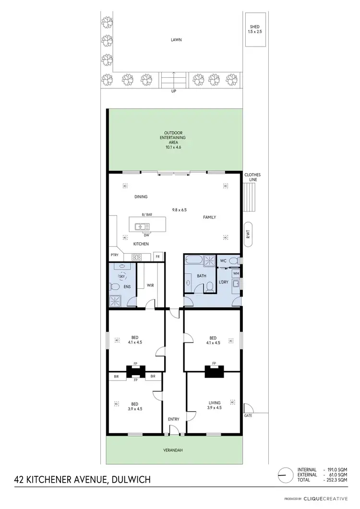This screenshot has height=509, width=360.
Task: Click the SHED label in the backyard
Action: point(254,27)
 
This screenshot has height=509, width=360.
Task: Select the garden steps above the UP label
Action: point(174,79)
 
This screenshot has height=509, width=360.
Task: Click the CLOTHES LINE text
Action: point(252,177)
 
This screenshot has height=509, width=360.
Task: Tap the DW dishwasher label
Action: point(146,235)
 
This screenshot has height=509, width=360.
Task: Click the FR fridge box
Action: point(157,257)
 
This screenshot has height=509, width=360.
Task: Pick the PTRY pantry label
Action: point(114,256)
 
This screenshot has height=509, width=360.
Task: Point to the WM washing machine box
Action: point(236,273)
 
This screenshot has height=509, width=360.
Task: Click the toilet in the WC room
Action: point(233,260)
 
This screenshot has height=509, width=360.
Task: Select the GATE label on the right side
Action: point(248,415)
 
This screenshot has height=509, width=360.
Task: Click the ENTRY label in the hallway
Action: point(174,419)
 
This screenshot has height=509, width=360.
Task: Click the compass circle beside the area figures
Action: point(285,474)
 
